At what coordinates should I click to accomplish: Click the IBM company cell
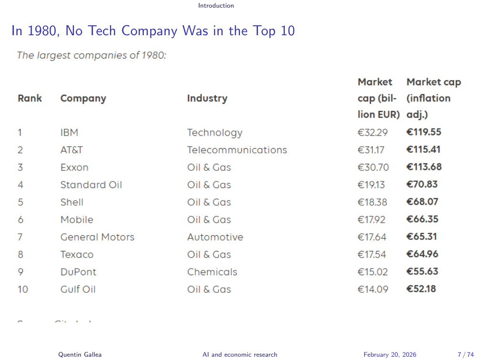pyautogui.click(x=69, y=132)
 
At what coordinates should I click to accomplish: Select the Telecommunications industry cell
pyautogui.click(x=237, y=150)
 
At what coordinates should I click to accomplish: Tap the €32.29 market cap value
pyautogui.click(x=372, y=133)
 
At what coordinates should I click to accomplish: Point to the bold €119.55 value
pyautogui.click(x=423, y=132)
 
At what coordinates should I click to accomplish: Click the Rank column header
pyautogui.click(x=30, y=99)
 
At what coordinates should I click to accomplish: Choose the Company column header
pyautogui.click(x=83, y=99)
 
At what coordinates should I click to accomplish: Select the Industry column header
pyautogui.click(x=207, y=99)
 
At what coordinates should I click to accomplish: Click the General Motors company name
pyautogui.click(x=97, y=237)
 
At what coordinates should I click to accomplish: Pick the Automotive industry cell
pyautogui.click(x=215, y=237)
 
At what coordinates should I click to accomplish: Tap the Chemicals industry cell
pyautogui.click(x=212, y=272)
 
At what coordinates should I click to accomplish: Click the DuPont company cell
pyautogui.click(x=78, y=272)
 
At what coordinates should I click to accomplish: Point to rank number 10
pyautogui.click(x=23, y=289)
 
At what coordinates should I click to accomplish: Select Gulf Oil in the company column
pyautogui.click(x=78, y=289)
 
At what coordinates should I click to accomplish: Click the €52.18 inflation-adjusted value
pyautogui.click(x=421, y=289)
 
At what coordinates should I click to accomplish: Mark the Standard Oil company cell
pyautogui.click(x=91, y=185)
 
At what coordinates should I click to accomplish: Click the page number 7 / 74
pyautogui.click(x=466, y=354)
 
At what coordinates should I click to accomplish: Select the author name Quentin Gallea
pyautogui.click(x=80, y=354)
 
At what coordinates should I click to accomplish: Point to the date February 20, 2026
pyautogui.click(x=390, y=354)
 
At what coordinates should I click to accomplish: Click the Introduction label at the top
pyautogui.click(x=216, y=6)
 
